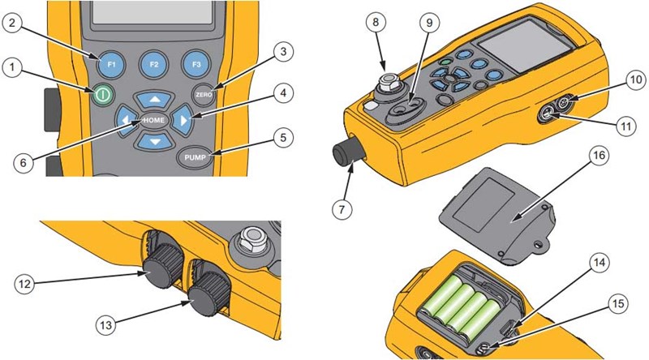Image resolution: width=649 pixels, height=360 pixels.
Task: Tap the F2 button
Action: click(152, 63)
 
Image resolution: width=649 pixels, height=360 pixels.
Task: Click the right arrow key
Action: click(185, 122)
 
